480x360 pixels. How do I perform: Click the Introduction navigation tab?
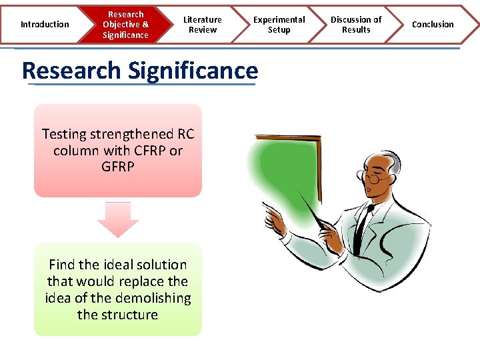pos(44,25)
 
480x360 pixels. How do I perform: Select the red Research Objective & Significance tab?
pos(125,25)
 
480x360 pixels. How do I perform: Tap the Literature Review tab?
pos(203,25)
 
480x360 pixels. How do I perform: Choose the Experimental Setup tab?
pos(279,25)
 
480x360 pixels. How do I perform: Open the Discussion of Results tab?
pos(356,25)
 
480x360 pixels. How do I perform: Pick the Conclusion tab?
pos(433,25)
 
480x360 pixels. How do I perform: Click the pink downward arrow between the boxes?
pos(117,220)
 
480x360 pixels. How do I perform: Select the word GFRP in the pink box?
pos(118,167)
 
